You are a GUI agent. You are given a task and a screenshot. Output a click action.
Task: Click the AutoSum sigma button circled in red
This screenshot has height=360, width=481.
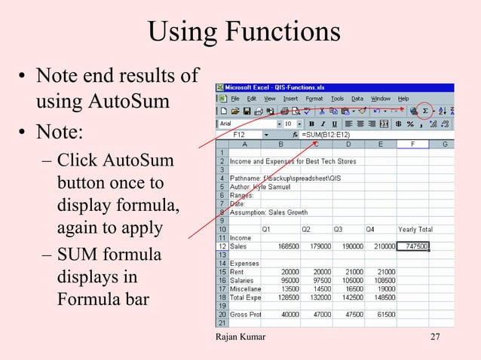[x=424, y=111]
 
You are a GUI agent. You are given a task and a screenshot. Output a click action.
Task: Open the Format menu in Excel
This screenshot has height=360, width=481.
[x=314, y=99]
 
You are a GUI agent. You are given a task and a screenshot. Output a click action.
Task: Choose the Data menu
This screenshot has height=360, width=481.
[x=357, y=99]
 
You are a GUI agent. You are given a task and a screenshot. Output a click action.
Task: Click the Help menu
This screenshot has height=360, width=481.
[x=403, y=99]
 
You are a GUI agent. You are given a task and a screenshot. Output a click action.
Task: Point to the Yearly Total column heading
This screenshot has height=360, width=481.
[x=415, y=229]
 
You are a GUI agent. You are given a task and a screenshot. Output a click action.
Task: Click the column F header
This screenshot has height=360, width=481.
[x=413, y=143]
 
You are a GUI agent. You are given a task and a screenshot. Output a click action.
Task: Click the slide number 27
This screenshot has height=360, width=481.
[x=435, y=336]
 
